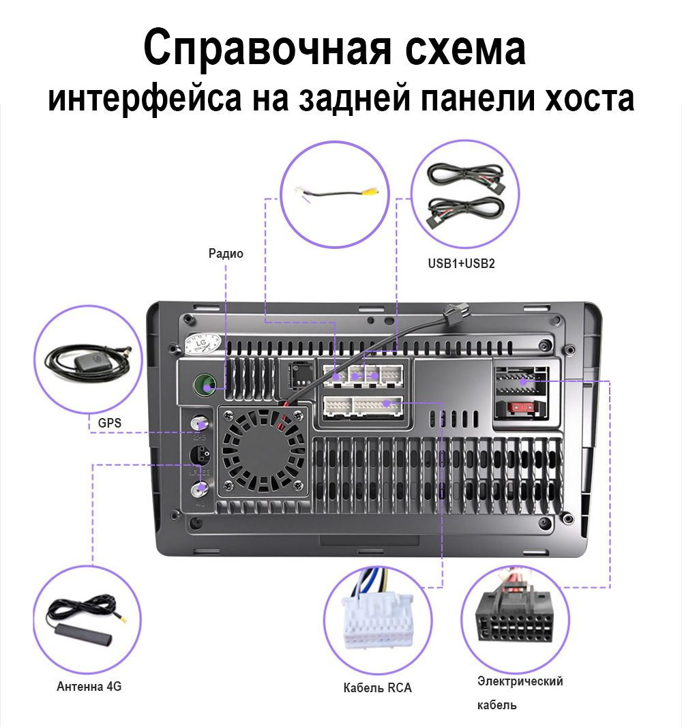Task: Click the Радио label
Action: click(226, 254)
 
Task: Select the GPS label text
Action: click(109, 423)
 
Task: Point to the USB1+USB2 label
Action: click(461, 263)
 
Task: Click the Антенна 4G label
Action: click(89, 686)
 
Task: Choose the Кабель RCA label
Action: click(377, 687)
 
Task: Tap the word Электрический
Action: click(520, 681)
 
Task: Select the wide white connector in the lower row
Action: click(363, 406)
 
